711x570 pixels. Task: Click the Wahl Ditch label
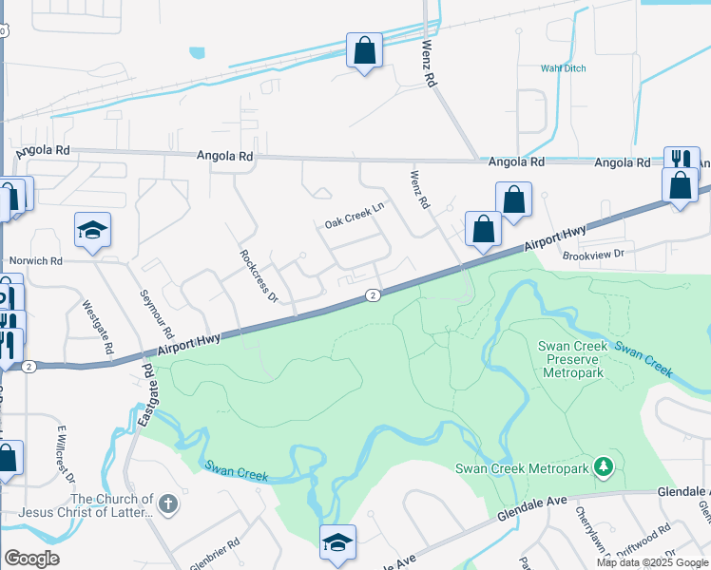(564, 68)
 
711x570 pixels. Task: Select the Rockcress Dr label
(258, 276)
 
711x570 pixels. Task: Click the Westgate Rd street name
(93, 325)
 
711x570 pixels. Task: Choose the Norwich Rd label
(35, 260)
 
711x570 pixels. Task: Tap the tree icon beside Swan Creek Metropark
(602, 466)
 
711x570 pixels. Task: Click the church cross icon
(168, 503)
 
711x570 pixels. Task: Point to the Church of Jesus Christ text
(112, 506)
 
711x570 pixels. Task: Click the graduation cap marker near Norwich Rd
(93, 229)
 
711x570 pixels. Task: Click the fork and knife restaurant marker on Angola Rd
(682, 160)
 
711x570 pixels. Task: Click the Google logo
(32, 559)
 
